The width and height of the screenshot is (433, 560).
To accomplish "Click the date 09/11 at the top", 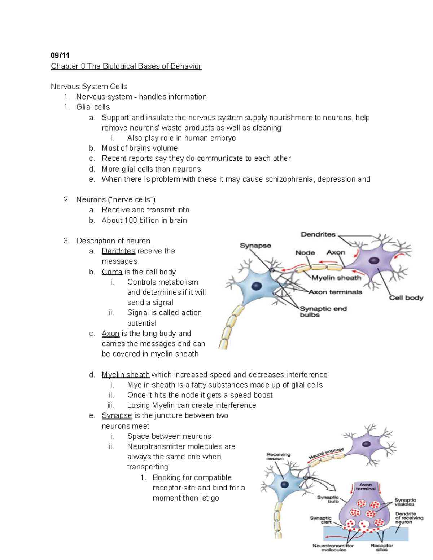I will (60, 55).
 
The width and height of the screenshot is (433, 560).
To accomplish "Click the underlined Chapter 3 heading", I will (126, 66).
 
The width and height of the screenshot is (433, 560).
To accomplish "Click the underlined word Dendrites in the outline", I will (118, 251).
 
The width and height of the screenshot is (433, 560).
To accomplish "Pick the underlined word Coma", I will (112, 272).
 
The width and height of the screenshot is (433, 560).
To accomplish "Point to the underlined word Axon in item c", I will (110, 334).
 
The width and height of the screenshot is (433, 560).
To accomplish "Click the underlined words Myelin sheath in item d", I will (126, 375).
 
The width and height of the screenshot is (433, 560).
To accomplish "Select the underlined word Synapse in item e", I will (117, 415).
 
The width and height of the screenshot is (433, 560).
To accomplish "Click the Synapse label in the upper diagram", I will (255, 246).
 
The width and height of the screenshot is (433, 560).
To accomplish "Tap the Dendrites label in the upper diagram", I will (318, 234).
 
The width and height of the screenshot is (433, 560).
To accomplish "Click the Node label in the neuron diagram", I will (305, 253).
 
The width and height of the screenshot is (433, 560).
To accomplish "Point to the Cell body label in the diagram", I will (406, 297).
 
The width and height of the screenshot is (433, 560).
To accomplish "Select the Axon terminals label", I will (335, 292).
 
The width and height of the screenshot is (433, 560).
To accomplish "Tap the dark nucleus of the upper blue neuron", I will (257, 286).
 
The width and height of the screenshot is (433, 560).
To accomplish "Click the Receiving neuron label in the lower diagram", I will (278, 457).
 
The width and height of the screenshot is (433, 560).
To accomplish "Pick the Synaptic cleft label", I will (320, 520).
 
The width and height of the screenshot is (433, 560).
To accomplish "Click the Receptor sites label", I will (381, 547).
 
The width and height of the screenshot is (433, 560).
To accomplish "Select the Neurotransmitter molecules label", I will (333, 547).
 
